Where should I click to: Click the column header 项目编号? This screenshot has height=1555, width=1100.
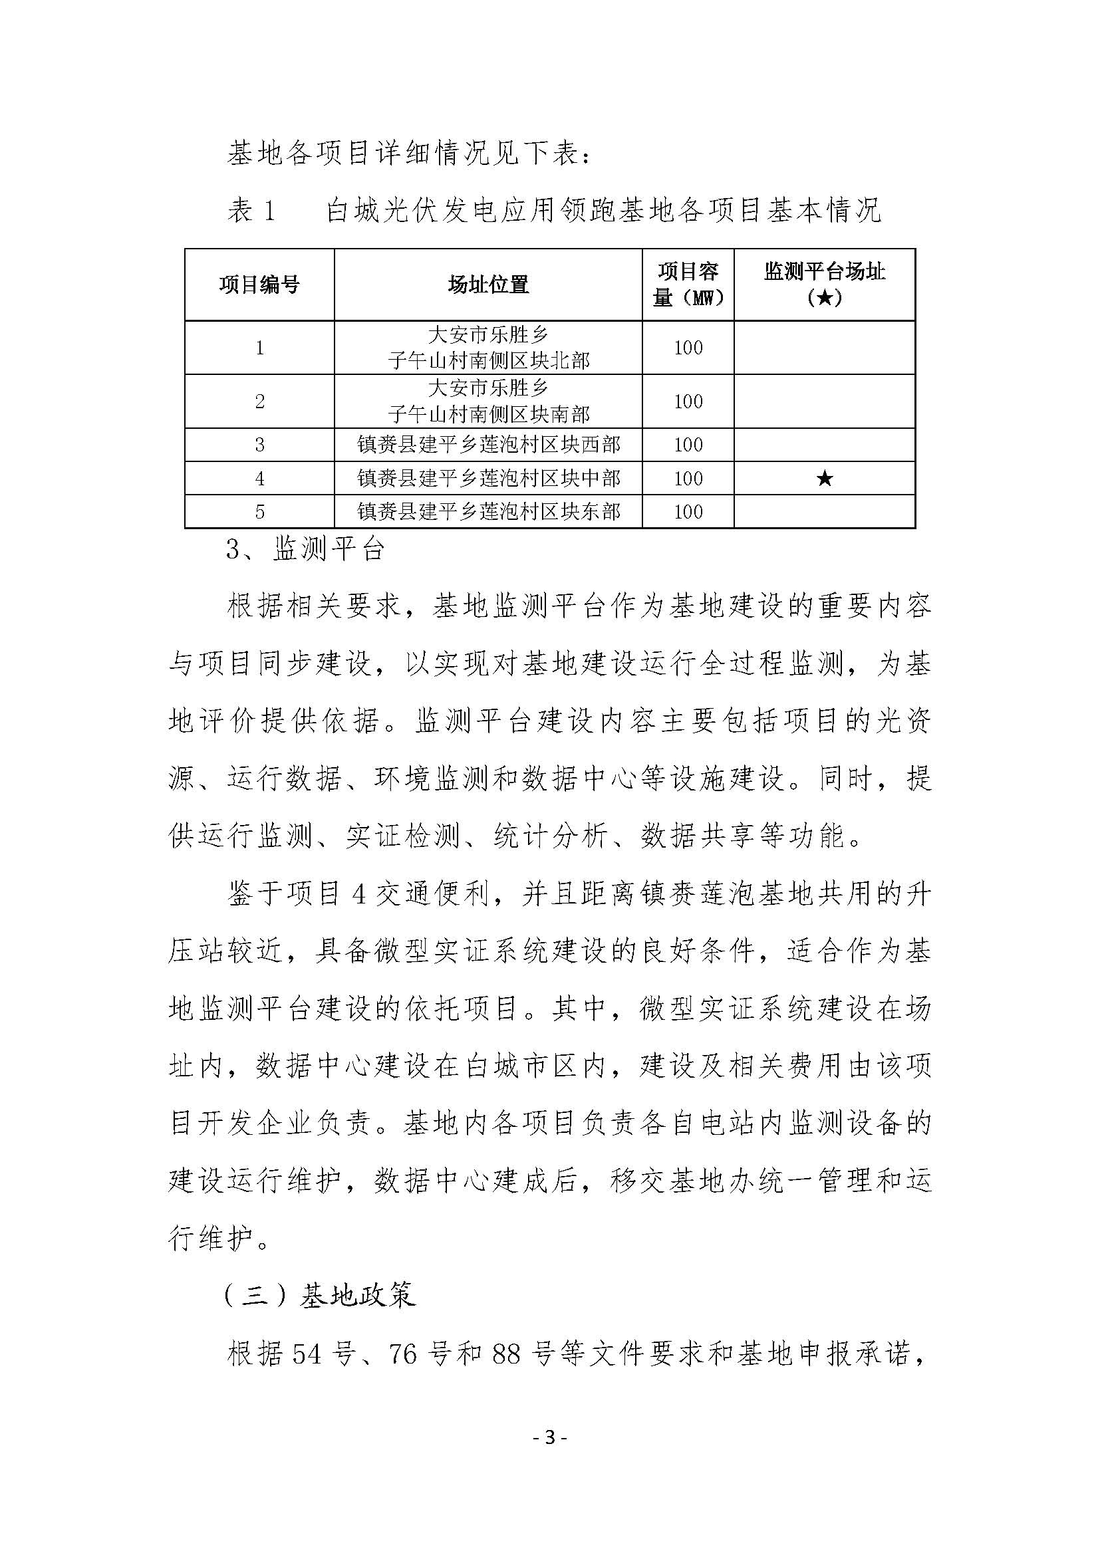(259, 285)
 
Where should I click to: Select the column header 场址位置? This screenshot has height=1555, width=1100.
(487, 285)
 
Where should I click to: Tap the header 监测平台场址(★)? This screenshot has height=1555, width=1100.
(824, 285)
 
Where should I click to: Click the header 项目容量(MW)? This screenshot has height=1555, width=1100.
(688, 285)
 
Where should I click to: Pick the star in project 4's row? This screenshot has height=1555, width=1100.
(824, 479)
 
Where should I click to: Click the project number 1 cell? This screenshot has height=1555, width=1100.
(259, 348)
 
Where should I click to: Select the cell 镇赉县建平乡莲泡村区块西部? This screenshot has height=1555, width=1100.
(487, 445)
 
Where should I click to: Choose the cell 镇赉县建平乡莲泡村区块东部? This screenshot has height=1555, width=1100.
(487, 512)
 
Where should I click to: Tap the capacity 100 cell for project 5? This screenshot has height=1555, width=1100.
(688, 512)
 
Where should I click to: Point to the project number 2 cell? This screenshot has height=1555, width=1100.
(259, 402)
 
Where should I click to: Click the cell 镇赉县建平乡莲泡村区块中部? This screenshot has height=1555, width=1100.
(487, 479)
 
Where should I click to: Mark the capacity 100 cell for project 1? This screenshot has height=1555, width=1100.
(688, 348)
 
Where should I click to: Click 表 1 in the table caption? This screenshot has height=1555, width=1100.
(251, 211)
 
